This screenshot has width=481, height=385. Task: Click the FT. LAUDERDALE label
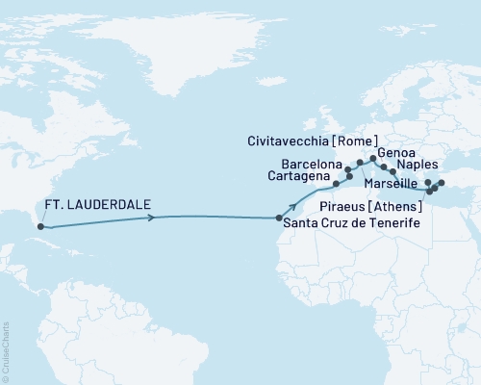click(x=94, y=205)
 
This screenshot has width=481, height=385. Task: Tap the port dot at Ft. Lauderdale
click(x=40, y=227)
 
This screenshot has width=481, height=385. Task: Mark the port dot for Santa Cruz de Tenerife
click(x=278, y=218)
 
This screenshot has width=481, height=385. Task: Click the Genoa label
click(x=392, y=152)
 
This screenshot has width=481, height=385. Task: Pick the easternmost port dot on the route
click(x=442, y=183)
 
